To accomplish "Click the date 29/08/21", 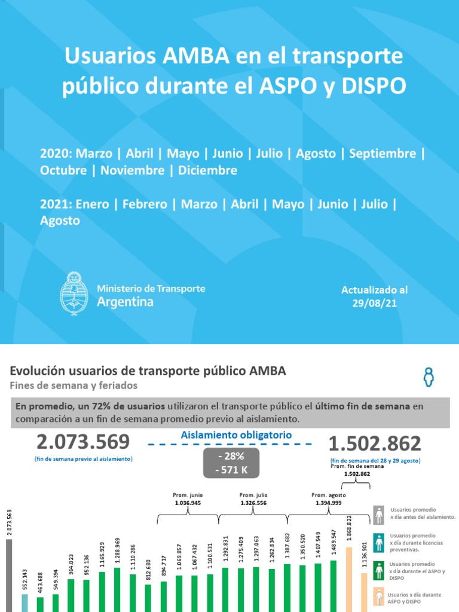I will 374,304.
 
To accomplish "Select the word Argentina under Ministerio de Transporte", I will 125,302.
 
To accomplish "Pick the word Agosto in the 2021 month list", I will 60,221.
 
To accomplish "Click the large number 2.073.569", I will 83,443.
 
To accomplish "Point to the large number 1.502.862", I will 375,444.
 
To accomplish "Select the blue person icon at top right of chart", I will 428,377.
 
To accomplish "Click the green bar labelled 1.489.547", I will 333,586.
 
